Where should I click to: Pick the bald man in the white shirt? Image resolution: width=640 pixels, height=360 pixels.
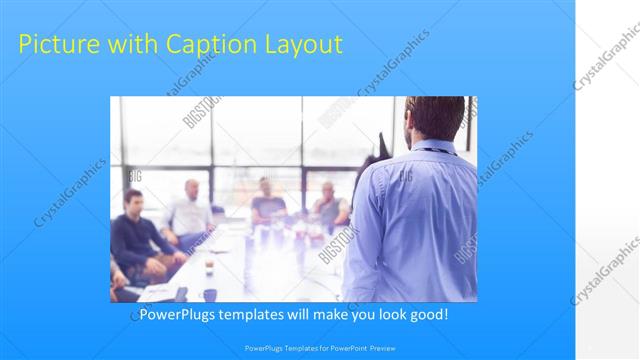(189, 211)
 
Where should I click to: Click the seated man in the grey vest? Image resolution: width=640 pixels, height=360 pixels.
(329, 205)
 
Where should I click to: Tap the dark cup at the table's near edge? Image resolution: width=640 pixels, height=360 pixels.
(210, 294)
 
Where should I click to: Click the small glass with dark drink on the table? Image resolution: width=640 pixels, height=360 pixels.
(209, 266)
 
